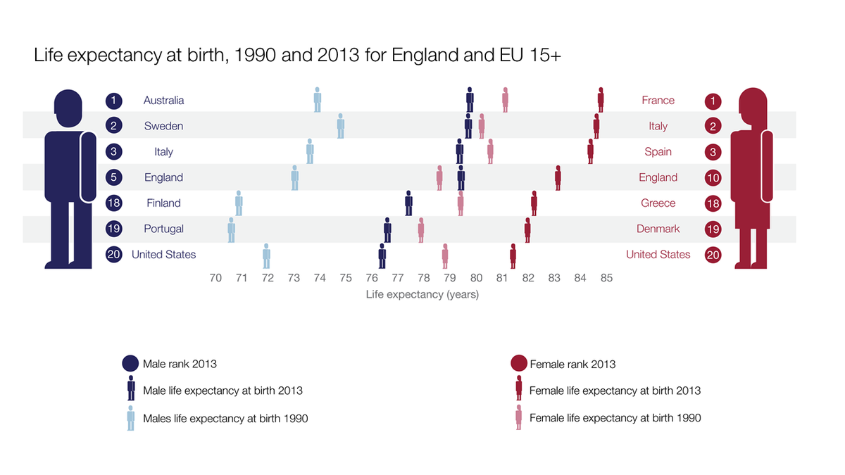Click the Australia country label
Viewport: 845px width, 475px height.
[163, 101]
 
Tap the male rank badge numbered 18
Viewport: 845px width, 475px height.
[114, 203]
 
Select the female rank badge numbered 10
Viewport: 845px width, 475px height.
[713, 178]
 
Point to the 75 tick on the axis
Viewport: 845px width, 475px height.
[346, 278]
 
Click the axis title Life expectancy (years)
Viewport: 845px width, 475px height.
[422, 295]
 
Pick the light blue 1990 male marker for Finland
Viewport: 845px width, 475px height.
[239, 203]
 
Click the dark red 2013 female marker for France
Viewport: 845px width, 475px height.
[601, 100]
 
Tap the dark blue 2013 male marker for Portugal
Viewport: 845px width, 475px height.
[387, 229]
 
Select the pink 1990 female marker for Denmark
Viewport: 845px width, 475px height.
[421, 229]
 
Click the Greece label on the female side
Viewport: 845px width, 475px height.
[658, 203]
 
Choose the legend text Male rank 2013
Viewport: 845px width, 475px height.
[180, 364]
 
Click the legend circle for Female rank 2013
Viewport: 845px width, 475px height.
[518, 364]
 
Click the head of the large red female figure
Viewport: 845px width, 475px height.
[752, 104]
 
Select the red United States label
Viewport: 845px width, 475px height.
[658, 255]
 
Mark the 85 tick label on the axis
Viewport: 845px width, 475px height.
[606, 278]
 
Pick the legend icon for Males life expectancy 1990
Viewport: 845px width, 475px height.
[131, 418]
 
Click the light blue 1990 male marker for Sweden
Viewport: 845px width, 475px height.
[341, 126]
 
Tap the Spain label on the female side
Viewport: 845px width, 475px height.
[658, 152]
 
